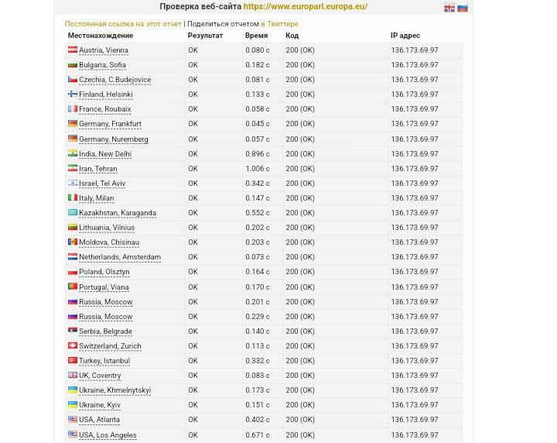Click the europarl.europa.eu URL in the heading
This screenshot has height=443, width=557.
[305, 6]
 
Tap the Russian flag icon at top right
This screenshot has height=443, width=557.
[463, 7]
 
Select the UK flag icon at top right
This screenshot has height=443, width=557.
[449, 7]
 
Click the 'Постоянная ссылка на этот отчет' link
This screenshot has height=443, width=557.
[123, 24]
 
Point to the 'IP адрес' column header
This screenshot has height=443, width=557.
[405, 36]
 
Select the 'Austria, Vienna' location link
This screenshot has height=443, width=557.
[103, 50]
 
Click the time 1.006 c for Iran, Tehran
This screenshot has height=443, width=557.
[258, 169]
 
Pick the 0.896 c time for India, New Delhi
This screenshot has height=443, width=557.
[258, 154]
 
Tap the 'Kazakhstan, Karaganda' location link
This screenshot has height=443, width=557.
[117, 213]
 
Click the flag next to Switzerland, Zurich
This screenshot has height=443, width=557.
[73, 345]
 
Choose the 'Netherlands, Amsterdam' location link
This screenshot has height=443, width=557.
[119, 257]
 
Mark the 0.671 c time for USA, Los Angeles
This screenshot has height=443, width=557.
[258, 435]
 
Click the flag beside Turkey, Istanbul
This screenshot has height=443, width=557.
[73, 360]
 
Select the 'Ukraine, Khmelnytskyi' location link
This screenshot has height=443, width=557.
[114, 390]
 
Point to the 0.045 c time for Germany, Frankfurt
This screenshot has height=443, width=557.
[258, 124]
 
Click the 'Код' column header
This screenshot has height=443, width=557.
[292, 36]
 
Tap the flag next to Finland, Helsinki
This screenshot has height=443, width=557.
[73, 94]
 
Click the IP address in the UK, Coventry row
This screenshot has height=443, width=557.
[414, 376]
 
